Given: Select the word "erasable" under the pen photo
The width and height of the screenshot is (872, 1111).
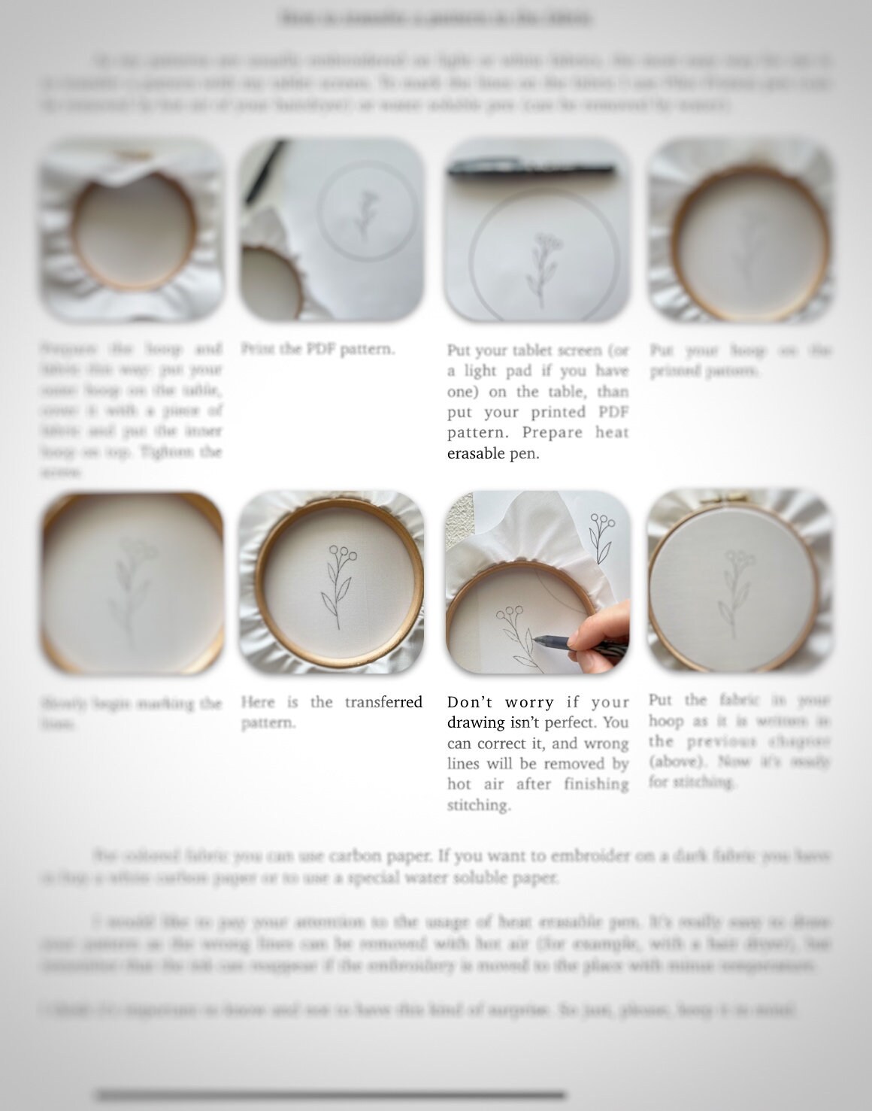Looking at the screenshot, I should coord(476,454).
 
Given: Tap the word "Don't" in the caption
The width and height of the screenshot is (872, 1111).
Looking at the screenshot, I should coord(471,702).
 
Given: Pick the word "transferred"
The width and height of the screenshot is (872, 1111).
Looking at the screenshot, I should coord(383,702).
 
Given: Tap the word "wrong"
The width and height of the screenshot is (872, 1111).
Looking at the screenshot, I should coord(580,743).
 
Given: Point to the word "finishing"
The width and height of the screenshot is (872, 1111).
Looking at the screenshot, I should coord(598,784).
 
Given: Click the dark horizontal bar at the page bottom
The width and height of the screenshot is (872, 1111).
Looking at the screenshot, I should coord(331,1094).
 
